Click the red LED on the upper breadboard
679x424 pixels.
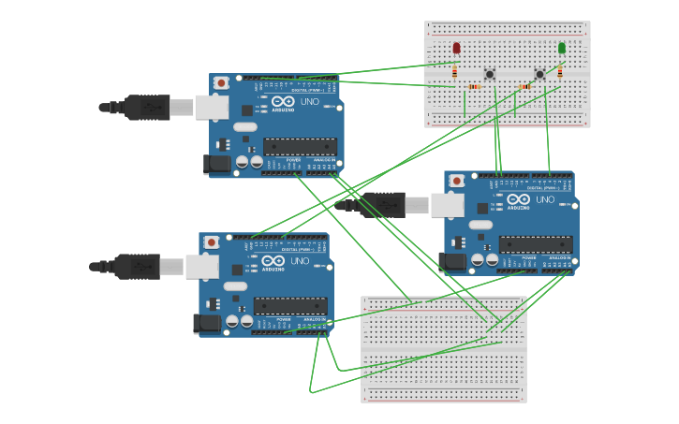(456, 48)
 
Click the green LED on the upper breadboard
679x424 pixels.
(562, 48)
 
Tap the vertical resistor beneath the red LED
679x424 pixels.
(455, 70)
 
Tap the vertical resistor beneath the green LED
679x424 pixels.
(560, 70)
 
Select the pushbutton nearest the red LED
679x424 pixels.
(489, 75)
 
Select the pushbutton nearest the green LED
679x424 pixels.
(539, 75)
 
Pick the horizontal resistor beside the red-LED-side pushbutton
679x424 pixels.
(474, 87)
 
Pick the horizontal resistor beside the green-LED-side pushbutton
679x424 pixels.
(524, 87)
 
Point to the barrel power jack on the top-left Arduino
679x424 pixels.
(216, 164)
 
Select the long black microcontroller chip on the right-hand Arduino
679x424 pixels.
(535, 244)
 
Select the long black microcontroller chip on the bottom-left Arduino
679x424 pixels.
(290, 306)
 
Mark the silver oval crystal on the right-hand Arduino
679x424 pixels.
(480, 225)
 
